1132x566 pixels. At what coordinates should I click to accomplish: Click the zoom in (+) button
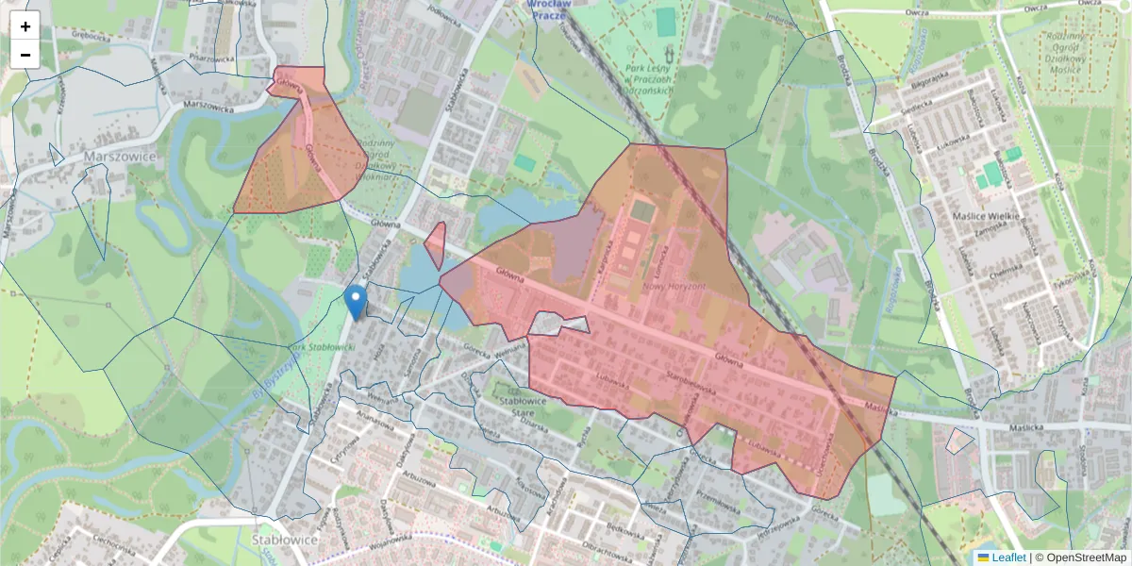click(x=25, y=26)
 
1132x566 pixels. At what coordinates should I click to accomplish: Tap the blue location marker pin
click(x=356, y=303)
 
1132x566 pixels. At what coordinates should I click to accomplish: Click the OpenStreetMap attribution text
click(x=1086, y=558)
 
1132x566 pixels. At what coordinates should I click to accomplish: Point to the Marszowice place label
click(x=119, y=155)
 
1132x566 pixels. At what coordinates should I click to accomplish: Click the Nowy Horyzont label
click(x=674, y=286)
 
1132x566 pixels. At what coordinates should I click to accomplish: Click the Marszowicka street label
click(x=208, y=106)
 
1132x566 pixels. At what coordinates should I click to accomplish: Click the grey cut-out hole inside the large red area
click(x=558, y=325)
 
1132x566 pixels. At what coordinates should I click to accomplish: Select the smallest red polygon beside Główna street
click(x=435, y=245)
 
